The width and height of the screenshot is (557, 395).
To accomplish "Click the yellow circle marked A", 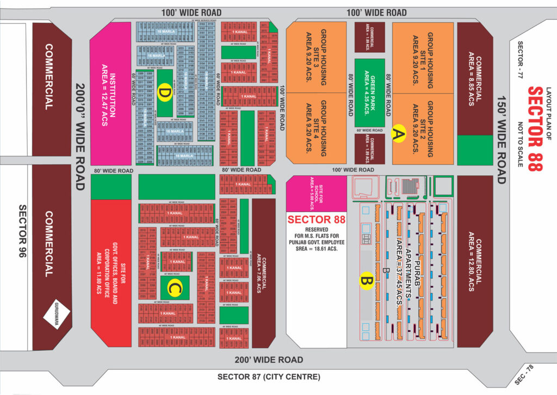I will pyautogui.click(x=399, y=133).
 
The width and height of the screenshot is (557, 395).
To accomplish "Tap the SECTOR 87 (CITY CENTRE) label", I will pyautogui.click(x=269, y=377).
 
